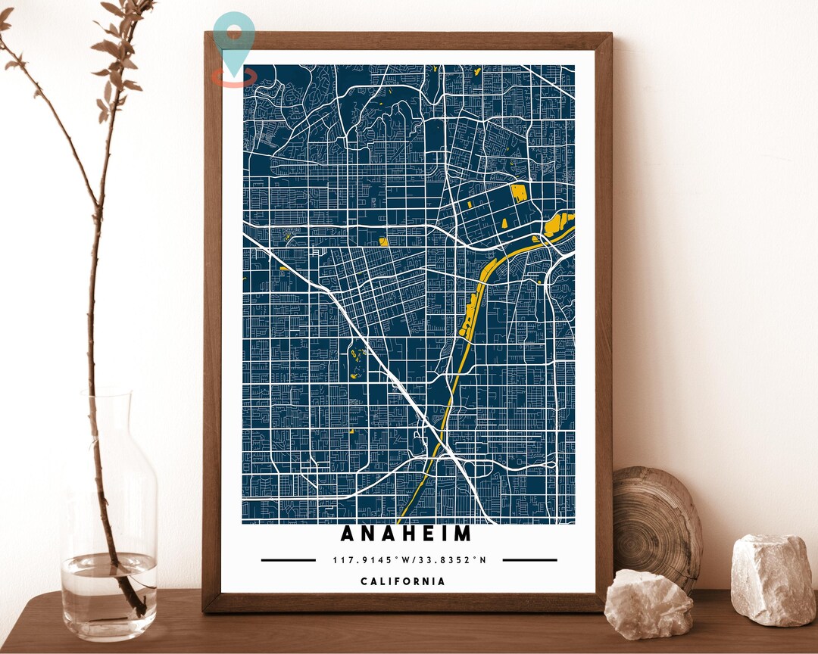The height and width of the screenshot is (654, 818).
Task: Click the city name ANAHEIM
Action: [406, 534]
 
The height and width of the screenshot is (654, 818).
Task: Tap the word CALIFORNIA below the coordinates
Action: [402, 581]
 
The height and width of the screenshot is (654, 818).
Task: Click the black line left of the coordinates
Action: [289, 561]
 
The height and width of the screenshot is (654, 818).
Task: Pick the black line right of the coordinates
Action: [529, 561]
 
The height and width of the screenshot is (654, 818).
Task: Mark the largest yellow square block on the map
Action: [519, 192]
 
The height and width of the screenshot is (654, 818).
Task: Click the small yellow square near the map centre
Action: [383, 241]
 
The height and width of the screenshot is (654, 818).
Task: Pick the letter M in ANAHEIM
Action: [463, 534]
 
